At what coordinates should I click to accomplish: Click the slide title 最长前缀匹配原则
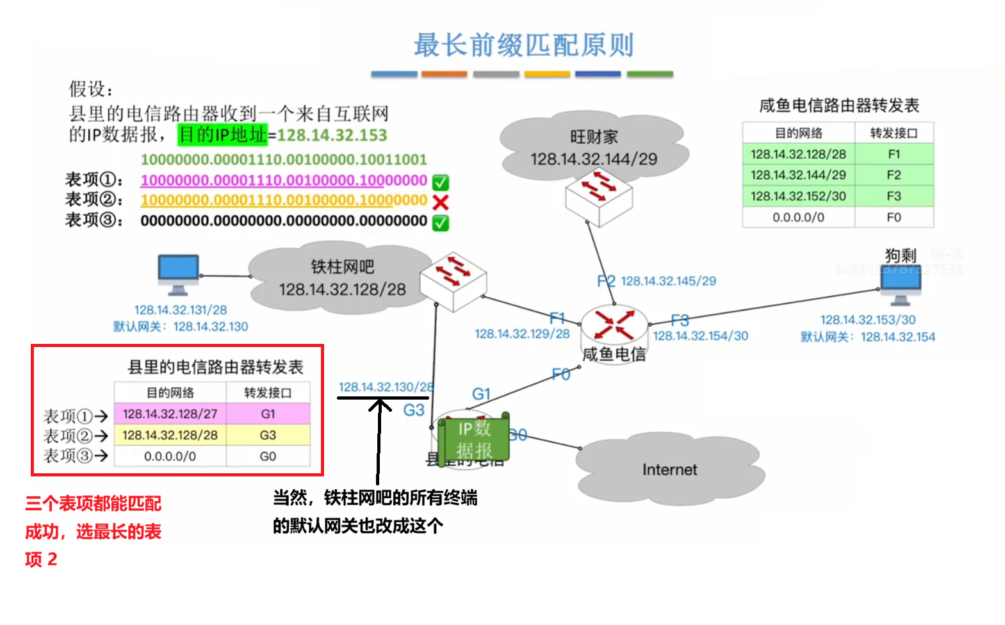click(523, 45)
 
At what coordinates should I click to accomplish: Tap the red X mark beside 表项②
click(440, 202)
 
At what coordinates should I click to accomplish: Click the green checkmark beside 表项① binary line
click(440, 183)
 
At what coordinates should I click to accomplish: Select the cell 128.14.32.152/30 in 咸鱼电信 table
click(798, 196)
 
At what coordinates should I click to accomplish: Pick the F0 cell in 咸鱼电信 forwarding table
click(894, 217)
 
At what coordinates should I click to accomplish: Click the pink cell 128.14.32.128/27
click(170, 414)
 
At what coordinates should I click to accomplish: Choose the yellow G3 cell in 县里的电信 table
click(268, 435)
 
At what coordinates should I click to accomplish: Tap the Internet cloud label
click(669, 469)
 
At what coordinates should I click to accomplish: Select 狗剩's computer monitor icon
click(900, 287)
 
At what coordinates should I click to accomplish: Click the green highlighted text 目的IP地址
click(222, 134)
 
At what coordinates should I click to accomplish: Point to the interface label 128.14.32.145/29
click(668, 280)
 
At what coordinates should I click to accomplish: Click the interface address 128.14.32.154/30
click(700, 336)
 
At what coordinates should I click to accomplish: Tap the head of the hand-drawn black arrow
click(379, 403)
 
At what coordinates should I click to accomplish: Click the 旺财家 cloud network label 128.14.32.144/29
click(593, 159)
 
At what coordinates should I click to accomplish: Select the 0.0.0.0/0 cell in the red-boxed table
click(170, 457)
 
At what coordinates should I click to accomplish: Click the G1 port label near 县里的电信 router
click(481, 394)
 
